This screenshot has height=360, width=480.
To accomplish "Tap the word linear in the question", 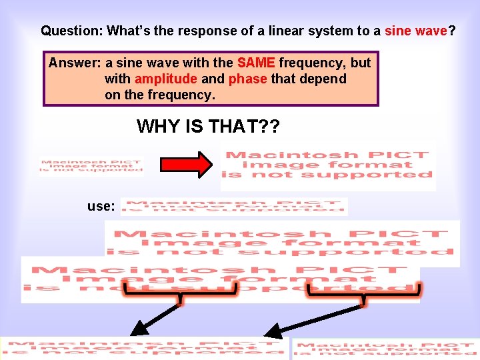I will click(x=279, y=31).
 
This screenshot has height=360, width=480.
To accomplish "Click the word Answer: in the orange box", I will click(x=75, y=63).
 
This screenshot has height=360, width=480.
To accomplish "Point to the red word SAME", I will click(x=256, y=63).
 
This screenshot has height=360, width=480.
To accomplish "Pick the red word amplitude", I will click(x=166, y=79).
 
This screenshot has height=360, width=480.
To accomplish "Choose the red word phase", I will click(x=247, y=79).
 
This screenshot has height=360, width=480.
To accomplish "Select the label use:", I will click(x=101, y=206).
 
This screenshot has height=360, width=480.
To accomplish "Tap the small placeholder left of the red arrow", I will click(x=91, y=165).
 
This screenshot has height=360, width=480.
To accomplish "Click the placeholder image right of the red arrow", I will click(x=327, y=165).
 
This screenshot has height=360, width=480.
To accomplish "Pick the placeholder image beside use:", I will click(x=234, y=207).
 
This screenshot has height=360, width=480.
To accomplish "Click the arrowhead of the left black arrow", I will click(x=139, y=328).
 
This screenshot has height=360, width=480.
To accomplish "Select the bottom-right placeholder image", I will click(x=385, y=349).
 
